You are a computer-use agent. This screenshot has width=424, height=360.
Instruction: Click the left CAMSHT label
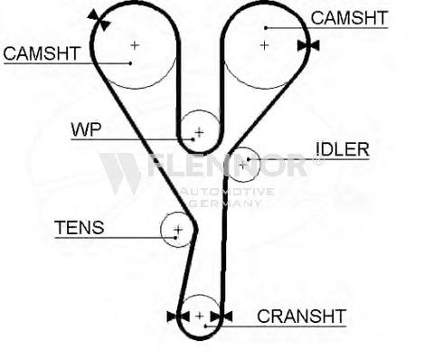point(42,53)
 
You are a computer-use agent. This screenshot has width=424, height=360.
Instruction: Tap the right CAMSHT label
point(349,18)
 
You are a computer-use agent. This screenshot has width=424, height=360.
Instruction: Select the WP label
point(86,130)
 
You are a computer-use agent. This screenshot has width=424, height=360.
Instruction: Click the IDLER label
point(343,149)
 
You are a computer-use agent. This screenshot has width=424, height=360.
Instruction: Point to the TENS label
point(80,227)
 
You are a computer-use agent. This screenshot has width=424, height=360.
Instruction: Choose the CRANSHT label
point(301,316)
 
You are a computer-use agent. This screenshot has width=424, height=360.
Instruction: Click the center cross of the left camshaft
point(135,45)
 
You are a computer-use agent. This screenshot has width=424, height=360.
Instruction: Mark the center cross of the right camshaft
point(264,45)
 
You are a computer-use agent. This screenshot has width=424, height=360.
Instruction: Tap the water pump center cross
point(199,132)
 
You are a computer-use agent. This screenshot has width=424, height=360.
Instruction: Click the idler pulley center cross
point(243,165)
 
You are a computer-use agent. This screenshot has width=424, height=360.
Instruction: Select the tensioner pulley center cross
point(178,230)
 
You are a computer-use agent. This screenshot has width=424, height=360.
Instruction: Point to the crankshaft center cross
point(200,316)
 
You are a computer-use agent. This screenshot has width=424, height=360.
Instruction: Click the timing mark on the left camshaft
point(99,20)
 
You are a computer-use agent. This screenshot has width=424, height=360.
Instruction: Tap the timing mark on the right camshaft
point(308,46)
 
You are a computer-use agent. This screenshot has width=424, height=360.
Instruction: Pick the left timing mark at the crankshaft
point(178,317)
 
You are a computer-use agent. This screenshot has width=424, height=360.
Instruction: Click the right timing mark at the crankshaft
point(221,317)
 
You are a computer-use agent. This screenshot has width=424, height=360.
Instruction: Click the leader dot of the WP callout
point(193,139)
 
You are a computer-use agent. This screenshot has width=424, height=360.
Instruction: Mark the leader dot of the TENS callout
point(175,238)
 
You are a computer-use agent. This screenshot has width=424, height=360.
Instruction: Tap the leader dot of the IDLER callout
point(249,159)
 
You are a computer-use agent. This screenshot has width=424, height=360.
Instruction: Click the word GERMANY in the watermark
point(225,204)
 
